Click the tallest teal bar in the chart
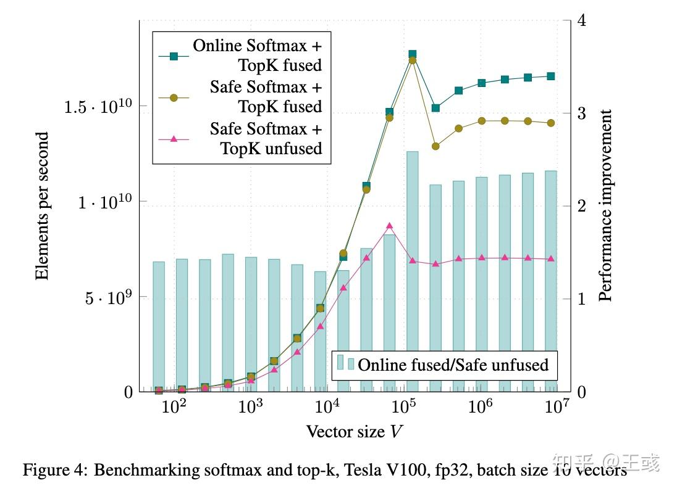pos(412,271)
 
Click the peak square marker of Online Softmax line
pos(412,55)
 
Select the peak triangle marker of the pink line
pos(389,226)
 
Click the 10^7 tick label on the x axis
pos(557,408)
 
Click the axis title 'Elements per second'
pos(42,207)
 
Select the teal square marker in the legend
pos(174,56)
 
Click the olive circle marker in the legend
pos(174,97)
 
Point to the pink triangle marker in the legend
pos(174,139)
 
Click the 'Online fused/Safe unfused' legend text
pos(453,365)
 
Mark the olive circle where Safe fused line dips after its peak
pos(435,146)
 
